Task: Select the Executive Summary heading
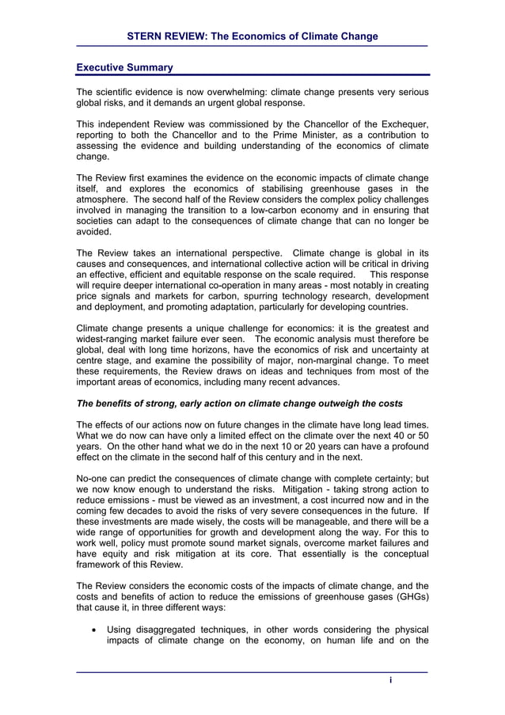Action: [x=124, y=67]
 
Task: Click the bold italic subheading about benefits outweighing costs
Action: [x=239, y=403]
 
